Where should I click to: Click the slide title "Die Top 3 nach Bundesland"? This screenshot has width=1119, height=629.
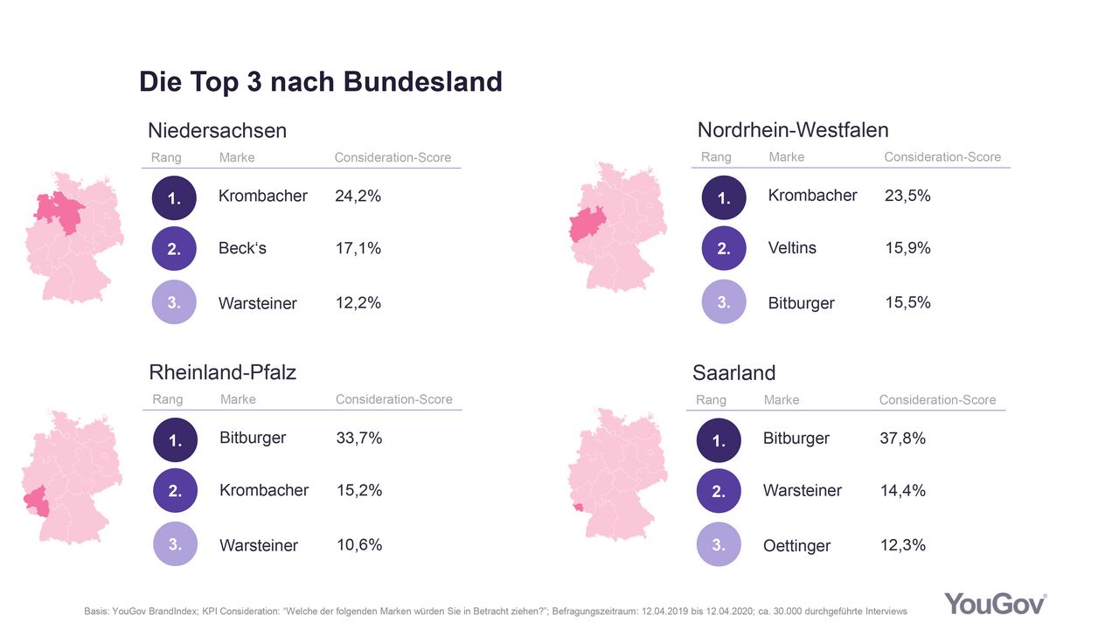click(x=320, y=82)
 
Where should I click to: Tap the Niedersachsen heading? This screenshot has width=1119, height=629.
click(x=217, y=131)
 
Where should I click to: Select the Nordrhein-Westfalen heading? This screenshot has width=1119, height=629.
click(x=792, y=131)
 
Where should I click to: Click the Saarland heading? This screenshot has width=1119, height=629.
click(x=733, y=373)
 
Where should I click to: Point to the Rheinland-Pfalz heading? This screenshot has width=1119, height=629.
click(x=223, y=373)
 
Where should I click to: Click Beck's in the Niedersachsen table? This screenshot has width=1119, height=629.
click(x=242, y=248)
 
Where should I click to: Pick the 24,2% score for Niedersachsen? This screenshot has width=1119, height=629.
click(x=358, y=196)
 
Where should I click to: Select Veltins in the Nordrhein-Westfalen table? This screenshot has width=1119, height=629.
click(x=792, y=248)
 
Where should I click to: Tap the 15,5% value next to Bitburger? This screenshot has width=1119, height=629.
click(x=907, y=302)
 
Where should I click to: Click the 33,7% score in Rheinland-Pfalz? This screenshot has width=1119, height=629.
click(x=359, y=438)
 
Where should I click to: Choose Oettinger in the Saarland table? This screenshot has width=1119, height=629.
click(x=796, y=545)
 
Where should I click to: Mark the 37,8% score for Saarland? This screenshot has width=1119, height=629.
click(x=902, y=438)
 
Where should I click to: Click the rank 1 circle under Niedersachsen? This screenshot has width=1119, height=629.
click(x=174, y=198)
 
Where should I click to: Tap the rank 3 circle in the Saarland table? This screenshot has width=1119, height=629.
click(x=719, y=545)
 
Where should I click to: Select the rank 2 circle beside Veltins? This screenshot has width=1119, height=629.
click(x=724, y=249)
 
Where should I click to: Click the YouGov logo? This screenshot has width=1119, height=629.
click(x=995, y=604)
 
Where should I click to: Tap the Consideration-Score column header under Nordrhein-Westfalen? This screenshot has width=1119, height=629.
click(x=942, y=157)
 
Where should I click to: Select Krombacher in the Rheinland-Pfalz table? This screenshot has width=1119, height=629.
click(x=264, y=491)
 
